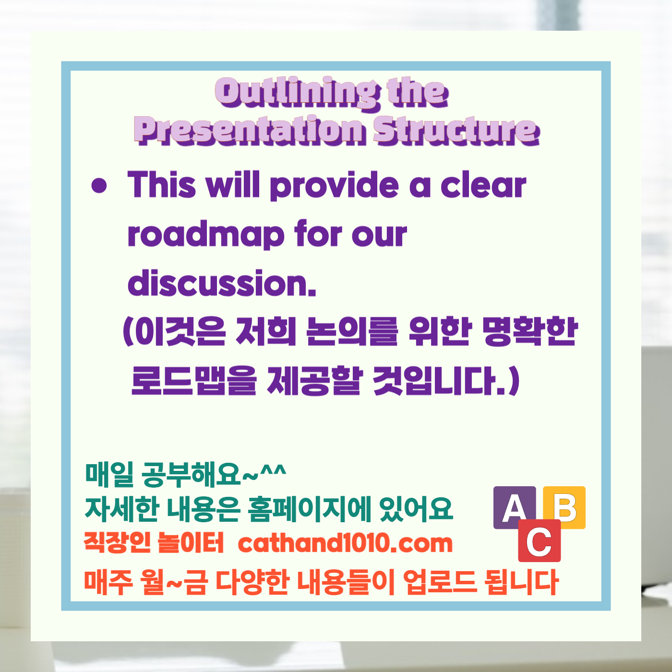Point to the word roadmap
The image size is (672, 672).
pyautogui.click(x=206, y=235)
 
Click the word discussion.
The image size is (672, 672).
pyautogui.click(x=222, y=283)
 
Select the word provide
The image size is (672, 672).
pyautogui.click(x=334, y=186)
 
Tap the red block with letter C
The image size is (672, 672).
pyautogui.click(x=540, y=541)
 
